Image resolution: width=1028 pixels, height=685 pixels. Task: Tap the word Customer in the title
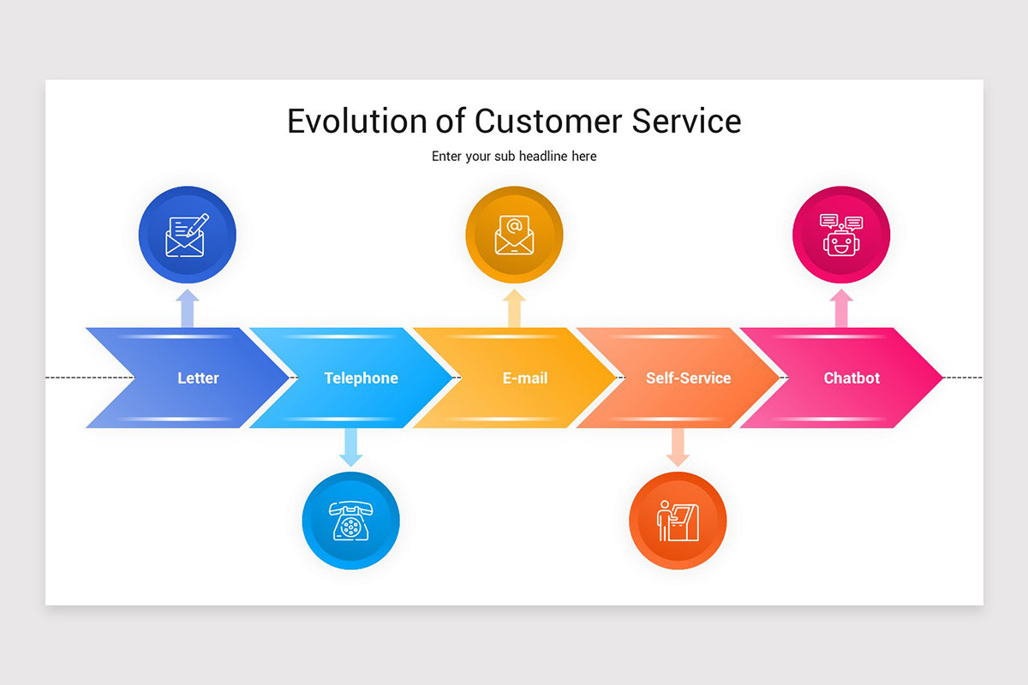(549, 122)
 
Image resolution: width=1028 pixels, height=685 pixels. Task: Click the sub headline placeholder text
(514, 157)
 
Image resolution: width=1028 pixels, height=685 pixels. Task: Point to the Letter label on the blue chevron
(198, 378)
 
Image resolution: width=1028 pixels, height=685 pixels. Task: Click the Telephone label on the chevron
(361, 378)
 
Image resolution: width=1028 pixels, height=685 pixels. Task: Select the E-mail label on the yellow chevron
(524, 378)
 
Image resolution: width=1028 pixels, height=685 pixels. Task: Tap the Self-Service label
(688, 378)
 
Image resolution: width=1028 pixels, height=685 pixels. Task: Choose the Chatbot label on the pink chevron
(852, 378)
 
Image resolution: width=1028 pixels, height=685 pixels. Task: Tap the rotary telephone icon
(350, 520)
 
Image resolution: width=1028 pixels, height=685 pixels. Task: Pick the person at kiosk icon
(678, 521)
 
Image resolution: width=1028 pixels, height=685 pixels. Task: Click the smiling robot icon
(841, 235)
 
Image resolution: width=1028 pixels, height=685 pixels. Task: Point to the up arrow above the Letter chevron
(188, 308)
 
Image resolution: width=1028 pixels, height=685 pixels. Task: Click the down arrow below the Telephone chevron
(350, 447)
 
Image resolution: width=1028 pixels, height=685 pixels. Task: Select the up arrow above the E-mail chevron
(514, 308)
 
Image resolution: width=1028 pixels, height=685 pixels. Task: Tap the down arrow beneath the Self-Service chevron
(678, 447)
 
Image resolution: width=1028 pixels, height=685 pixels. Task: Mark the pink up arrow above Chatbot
(841, 308)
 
